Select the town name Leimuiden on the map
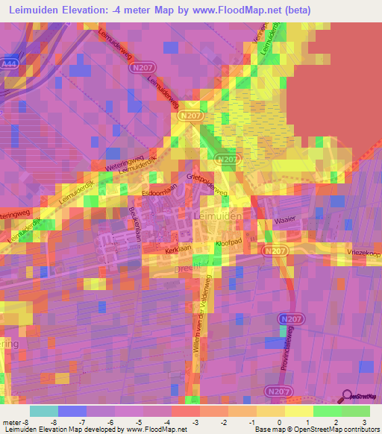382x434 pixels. (x=218, y=216)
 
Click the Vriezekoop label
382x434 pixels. (x=363, y=254)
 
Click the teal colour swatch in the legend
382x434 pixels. (x=44, y=411)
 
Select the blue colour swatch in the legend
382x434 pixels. (x=72, y=411)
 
